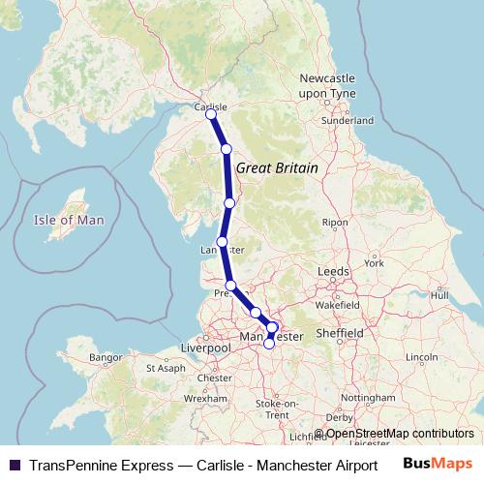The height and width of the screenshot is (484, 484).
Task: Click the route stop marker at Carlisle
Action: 211,115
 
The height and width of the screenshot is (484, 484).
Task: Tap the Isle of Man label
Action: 68,220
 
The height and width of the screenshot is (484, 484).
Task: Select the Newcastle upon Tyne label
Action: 328,84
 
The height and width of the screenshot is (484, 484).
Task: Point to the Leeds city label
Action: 333,272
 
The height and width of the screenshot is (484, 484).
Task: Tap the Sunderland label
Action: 350,120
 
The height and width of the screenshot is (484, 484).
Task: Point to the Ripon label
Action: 335,223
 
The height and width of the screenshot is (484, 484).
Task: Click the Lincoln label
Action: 422,357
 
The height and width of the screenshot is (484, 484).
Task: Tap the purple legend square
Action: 14,465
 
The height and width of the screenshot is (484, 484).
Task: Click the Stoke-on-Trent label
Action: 276,408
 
